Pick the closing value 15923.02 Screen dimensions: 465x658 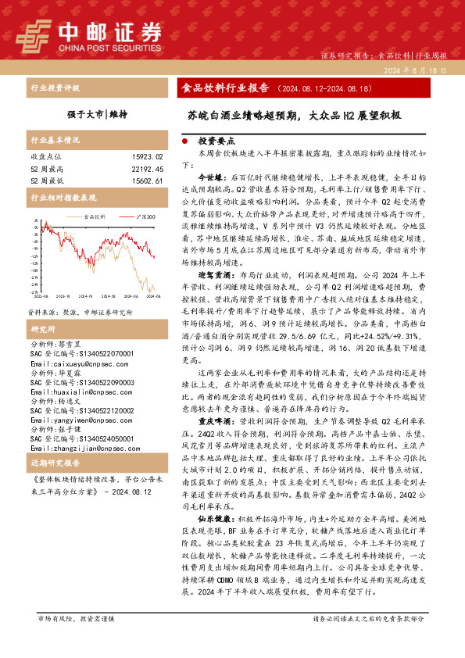tap(148, 156)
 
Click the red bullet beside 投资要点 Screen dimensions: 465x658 tap(184, 143)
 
